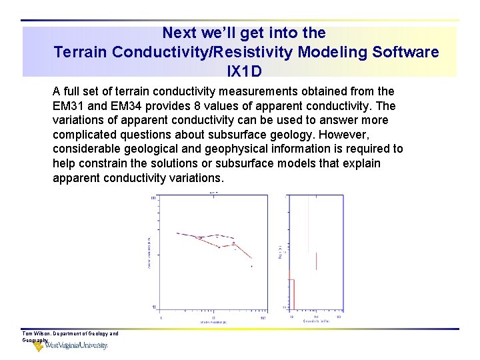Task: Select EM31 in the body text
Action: pos(68,106)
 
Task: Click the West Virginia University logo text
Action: pos(76,345)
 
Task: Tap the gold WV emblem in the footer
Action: pos(39,346)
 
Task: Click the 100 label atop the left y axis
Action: pos(153,198)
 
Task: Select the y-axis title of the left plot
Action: pos(149,251)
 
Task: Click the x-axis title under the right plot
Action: pos(317,321)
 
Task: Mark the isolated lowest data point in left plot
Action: pos(252,267)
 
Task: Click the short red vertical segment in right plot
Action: pos(316,261)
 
